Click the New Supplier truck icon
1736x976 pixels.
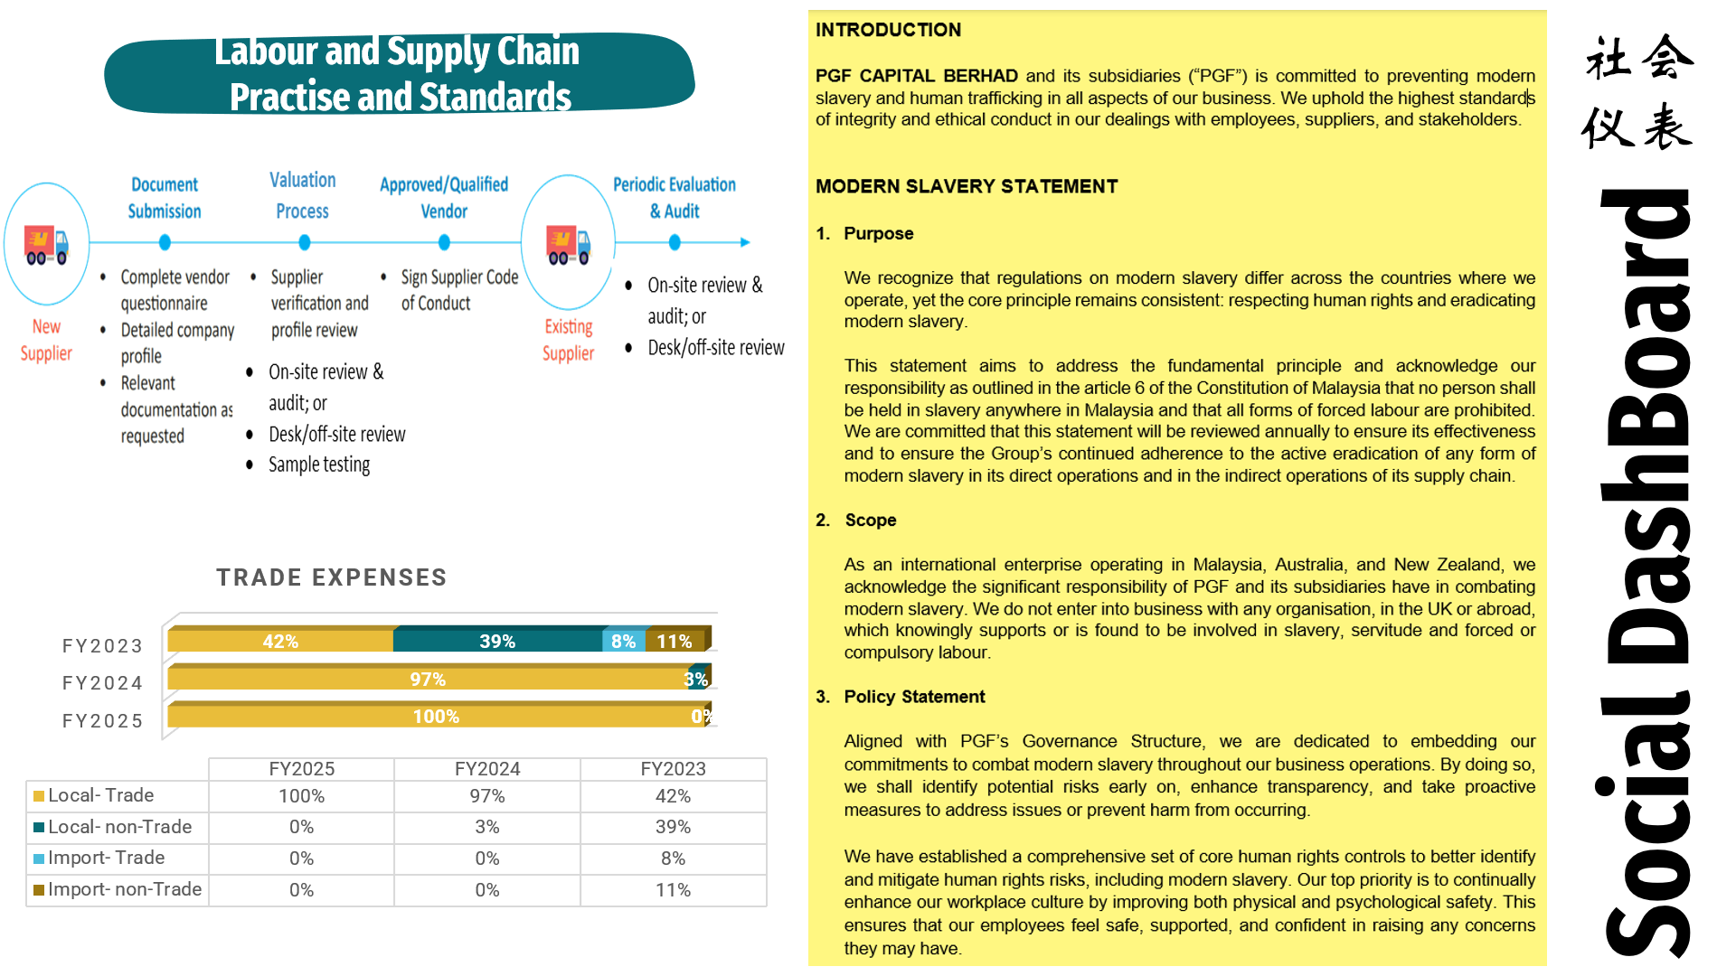click(x=46, y=245)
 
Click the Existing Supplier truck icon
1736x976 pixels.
click(x=568, y=245)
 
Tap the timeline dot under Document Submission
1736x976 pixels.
click(x=165, y=242)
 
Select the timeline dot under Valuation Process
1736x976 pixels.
click(x=305, y=242)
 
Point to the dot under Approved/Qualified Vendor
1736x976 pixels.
click(x=444, y=242)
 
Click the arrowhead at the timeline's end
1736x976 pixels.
click(x=745, y=242)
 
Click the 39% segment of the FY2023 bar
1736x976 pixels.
click(x=497, y=641)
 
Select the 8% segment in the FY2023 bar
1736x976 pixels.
click(x=624, y=641)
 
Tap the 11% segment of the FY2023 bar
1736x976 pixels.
click(x=675, y=641)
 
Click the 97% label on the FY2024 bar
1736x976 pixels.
click(x=428, y=679)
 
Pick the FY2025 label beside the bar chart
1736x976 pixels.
click(x=103, y=721)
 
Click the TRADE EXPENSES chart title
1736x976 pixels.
click(x=332, y=577)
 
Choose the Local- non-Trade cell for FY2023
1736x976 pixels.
click(x=673, y=827)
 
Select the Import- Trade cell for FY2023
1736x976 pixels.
click(x=673, y=859)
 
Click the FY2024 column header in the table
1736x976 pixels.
click(x=487, y=769)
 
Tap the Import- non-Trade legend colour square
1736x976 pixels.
click(x=39, y=890)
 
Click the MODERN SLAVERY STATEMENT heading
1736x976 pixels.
click(x=967, y=186)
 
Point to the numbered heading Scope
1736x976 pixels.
click(x=870, y=520)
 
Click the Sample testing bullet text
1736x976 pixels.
click(x=319, y=465)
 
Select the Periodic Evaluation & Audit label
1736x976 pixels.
click(x=675, y=197)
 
